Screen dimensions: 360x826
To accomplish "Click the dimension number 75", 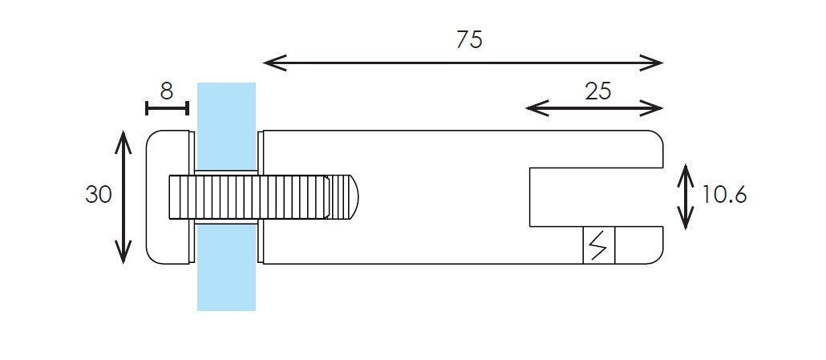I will click(469, 39).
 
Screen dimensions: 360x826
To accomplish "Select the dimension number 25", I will click(597, 91).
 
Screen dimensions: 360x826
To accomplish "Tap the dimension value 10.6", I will click(724, 195).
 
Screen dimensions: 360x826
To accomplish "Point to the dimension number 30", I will click(99, 194).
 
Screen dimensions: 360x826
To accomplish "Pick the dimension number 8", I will click(166, 91).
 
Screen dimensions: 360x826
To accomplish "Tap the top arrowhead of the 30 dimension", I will click(122, 138).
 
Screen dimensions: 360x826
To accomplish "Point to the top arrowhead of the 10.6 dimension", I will click(685, 172).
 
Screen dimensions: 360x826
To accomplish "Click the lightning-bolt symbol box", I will click(598, 245).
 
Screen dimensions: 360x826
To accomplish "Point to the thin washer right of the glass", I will click(260, 152).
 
